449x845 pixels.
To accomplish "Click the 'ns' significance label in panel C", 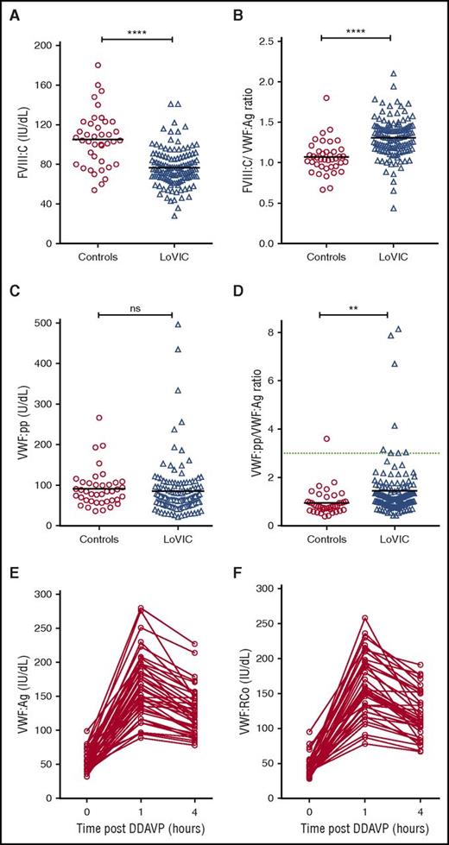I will [136, 304].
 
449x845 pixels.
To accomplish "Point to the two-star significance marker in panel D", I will [353, 304].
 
